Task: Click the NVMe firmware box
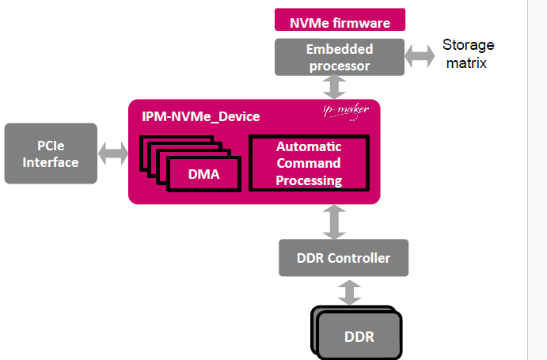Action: click(340, 20)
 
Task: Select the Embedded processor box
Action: click(339, 57)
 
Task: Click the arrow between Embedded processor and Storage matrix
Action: click(420, 56)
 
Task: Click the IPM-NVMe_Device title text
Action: click(195, 117)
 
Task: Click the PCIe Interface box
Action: click(51, 153)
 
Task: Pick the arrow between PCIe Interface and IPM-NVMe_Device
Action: click(112, 153)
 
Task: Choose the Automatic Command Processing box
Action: click(309, 163)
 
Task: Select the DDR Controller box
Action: click(344, 258)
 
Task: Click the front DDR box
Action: click(359, 336)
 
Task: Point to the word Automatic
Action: click(309, 146)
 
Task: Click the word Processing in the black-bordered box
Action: click(309, 180)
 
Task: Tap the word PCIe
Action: click(51, 146)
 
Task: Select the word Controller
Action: click(359, 258)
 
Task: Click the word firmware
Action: click(363, 20)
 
